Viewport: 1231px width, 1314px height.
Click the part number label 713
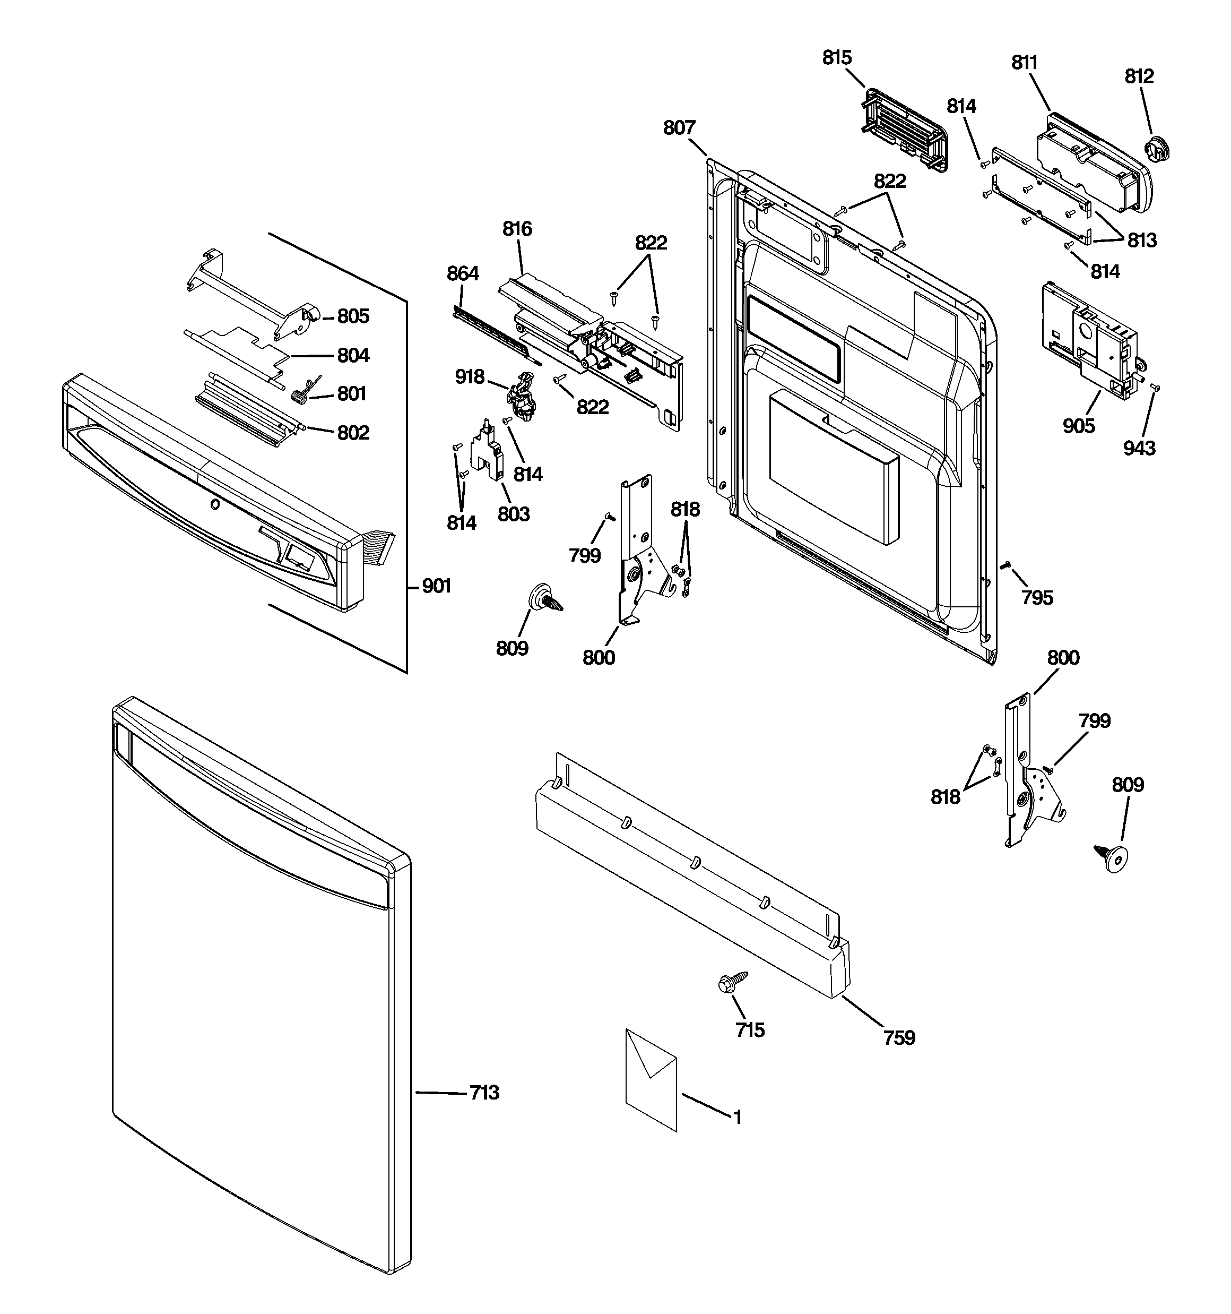484,1093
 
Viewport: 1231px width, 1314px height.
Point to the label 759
899,1038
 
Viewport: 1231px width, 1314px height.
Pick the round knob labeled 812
1156,148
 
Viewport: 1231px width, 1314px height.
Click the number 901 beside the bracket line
436,586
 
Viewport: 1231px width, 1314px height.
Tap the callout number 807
679,127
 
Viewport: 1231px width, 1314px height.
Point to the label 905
1078,426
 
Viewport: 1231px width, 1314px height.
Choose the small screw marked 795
1005,564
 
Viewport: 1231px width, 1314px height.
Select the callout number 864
463,273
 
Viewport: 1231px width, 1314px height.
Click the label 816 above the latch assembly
517,229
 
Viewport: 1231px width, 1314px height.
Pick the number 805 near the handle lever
353,316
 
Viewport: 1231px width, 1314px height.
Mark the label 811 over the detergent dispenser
1024,63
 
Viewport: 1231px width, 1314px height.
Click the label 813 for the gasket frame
1142,241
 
